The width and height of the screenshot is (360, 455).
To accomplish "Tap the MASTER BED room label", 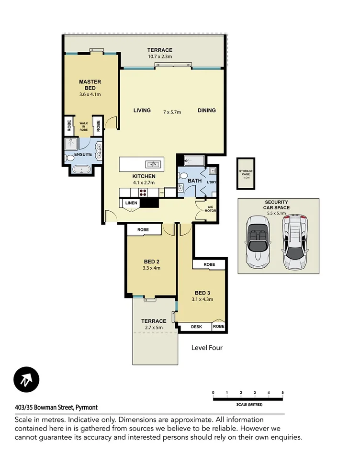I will click(x=90, y=85).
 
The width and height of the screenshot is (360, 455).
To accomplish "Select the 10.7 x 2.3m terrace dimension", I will click(x=159, y=57).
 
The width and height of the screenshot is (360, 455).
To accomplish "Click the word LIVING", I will click(x=142, y=111).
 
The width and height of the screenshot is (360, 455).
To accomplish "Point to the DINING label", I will click(x=207, y=111).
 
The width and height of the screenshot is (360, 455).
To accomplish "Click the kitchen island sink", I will click(x=153, y=164).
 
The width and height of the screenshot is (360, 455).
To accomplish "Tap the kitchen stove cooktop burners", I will click(x=143, y=193).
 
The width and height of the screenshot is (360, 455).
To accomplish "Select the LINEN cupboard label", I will click(x=132, y=203).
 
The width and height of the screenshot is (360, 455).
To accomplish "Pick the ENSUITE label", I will click(x=82, y=155).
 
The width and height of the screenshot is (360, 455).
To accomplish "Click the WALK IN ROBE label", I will click(x=84, y=126).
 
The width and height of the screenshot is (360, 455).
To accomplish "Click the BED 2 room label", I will click(x=151, y=262).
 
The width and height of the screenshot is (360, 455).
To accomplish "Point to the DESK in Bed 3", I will click(x=196, y=327).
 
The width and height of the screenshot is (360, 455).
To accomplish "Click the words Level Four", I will click(x=207, y=348).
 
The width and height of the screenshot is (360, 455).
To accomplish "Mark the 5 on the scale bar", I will click(x=282, y=393).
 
